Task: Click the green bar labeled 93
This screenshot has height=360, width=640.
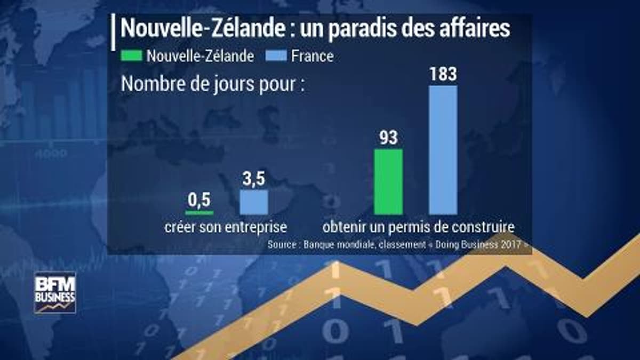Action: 388,182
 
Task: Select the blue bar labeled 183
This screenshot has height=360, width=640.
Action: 443,150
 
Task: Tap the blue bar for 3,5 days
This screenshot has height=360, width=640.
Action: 254,202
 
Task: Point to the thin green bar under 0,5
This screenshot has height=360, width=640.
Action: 199,213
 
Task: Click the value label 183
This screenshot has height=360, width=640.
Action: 443,74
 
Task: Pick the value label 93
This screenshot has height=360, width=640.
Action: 388,138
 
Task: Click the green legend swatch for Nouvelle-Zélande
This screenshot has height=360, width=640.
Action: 131,55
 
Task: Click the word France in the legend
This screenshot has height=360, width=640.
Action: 312,56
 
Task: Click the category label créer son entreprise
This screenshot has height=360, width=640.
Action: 225,227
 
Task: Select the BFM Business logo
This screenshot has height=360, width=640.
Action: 55,292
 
